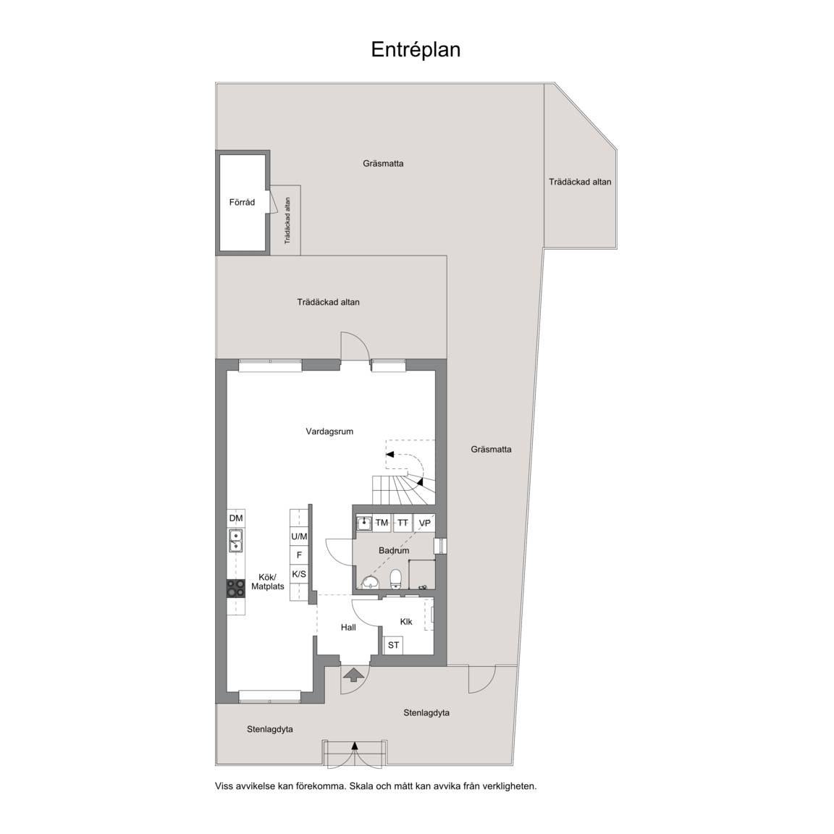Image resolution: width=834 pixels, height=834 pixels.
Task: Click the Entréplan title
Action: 416,49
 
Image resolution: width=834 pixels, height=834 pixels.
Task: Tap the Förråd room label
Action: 242,202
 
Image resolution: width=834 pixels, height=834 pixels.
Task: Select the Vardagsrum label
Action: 329,431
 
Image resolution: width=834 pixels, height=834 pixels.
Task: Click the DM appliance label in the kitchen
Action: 235,518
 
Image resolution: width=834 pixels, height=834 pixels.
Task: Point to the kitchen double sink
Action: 235,540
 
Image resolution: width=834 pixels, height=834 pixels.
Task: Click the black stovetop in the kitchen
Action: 235,589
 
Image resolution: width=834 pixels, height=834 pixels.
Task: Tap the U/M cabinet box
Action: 299,536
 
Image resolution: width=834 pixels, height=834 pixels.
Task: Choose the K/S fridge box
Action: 299,574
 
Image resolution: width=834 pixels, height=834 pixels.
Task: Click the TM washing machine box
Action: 382,523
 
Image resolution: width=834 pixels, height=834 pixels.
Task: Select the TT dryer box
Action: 403,523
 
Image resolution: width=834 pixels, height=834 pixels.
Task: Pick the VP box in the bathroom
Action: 424,523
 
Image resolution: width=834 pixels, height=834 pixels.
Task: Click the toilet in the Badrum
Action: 396,579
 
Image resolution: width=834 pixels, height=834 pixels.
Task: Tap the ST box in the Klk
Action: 394,645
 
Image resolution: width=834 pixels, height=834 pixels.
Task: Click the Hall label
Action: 348,628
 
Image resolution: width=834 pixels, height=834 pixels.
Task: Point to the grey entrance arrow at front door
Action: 354,675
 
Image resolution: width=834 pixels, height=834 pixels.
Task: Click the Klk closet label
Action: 406,621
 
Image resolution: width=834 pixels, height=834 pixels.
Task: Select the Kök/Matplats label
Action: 268,582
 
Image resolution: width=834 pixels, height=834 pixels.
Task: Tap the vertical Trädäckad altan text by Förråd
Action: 287,221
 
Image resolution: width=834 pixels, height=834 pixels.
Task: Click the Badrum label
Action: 394,550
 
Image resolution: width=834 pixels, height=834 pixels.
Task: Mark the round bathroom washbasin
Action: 369,581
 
